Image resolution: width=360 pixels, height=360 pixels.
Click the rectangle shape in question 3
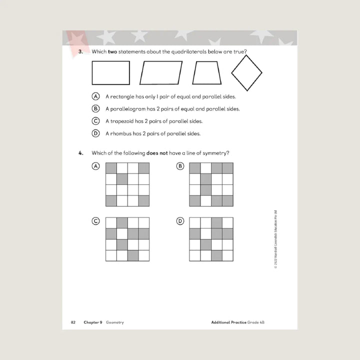[110, 73]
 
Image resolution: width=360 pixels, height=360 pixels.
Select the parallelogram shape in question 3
[161, 73]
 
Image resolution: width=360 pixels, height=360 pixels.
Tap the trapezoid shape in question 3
[206, 73]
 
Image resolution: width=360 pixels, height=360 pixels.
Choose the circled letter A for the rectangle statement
[95, 96]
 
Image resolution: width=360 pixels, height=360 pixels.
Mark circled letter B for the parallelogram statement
[95, 108]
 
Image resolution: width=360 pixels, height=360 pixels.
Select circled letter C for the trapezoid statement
[95, 121]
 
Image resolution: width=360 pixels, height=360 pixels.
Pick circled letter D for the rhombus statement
[95, 133]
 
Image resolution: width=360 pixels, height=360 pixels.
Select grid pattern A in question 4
[127, 184]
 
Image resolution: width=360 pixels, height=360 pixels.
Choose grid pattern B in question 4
[211, 184]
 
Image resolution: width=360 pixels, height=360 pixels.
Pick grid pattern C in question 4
[127, 239]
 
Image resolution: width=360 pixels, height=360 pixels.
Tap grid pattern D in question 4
[211, 239]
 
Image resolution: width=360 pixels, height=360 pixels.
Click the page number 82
[72, 322]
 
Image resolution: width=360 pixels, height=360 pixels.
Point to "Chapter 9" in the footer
[93, 322]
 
